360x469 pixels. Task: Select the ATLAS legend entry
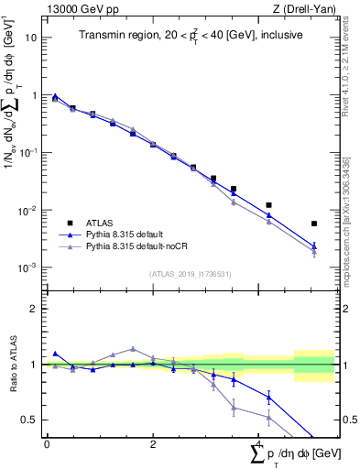click(98, 223)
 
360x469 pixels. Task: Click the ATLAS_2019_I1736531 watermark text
click(189, 274)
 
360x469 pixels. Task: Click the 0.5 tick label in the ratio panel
click(30, 420)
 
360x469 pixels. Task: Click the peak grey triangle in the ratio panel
click(133, 349)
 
